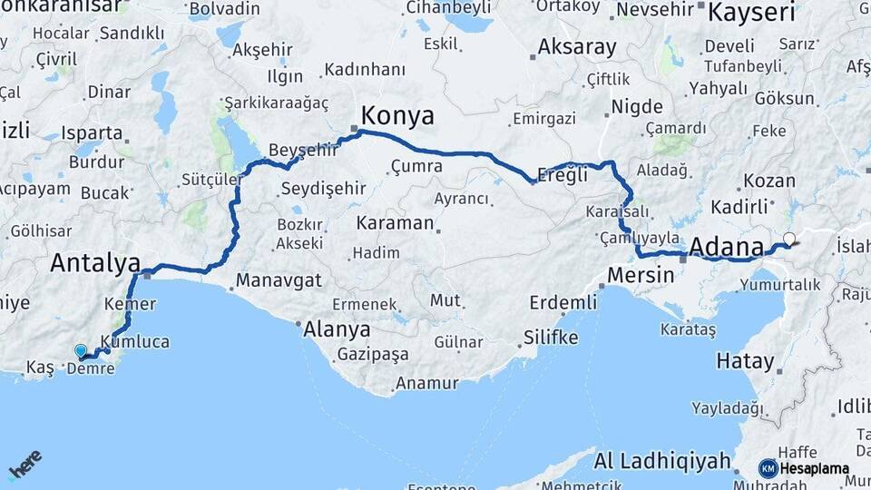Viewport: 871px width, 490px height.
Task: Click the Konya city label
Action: [x=397, y=115]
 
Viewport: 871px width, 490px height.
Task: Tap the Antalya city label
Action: [x=95, y=263]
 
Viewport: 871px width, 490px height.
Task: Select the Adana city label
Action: [x=727, y=247]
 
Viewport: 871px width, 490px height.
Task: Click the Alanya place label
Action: [x=337, y=328]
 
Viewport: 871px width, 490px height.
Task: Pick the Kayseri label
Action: [x=751, y=13]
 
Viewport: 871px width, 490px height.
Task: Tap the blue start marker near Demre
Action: [x=81, y=351]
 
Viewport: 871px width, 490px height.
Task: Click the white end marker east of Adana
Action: [x=789, y=240]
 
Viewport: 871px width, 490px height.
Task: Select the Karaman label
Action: [x=395, y=222]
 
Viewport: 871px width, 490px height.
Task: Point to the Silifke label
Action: [x=550, y=338]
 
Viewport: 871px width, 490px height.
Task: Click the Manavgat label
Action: [x=279, y=280]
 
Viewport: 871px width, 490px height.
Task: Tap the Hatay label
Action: [x=746, y=361]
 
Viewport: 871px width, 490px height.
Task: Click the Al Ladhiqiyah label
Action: [x=662, y=461]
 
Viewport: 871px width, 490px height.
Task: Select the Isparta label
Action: [x=93, y=132]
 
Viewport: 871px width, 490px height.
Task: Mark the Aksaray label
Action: [x=577, y=46]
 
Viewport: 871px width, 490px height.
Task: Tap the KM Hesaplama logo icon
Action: [x=768, y=468]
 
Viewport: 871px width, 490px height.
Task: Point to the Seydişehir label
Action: [x=323, y=189]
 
